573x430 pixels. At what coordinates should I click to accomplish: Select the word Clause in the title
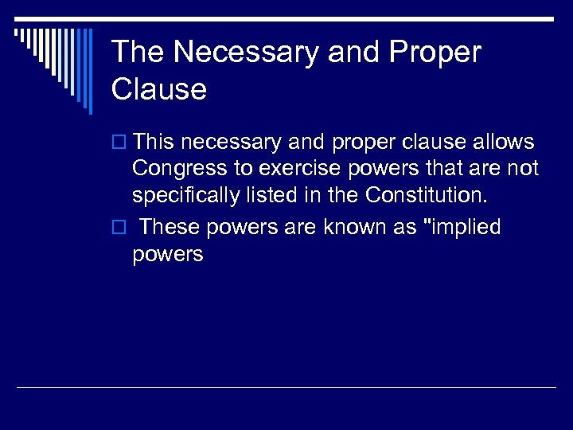pyautogui.click(x=159, y=89)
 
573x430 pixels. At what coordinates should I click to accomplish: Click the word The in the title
pyautogui.click(x=138, y=53)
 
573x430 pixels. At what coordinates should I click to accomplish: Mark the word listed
pyautogui.click(x=269, y=195)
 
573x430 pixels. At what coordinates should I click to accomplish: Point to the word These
pyautogui.click(x=170, y=228)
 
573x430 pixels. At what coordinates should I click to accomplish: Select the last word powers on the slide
pyautogui.click(x=168, y=255)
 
